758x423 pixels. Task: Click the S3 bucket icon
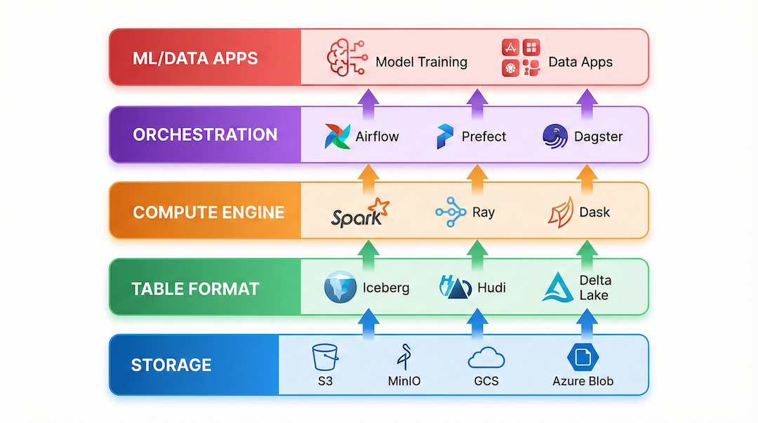(x=326, y=356)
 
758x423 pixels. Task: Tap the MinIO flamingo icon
(x=404, y=356)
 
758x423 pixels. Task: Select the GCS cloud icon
(x=486, y=357)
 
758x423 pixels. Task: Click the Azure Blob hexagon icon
(x=582, y=356)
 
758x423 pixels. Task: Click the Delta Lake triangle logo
(x=558, y=288)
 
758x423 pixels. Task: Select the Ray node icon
(x=450, y=212)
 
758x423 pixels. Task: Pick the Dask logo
(x=560, y=212)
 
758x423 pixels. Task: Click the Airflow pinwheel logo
(x=337, y=136)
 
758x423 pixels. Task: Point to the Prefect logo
(x=445, y=136)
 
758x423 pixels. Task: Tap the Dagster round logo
(x=555, y=135)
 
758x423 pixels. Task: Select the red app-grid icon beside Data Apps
(x=521, y=58)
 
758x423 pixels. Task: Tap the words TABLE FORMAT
(x=195, y=288)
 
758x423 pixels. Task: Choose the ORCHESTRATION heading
(x=205, y=135)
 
